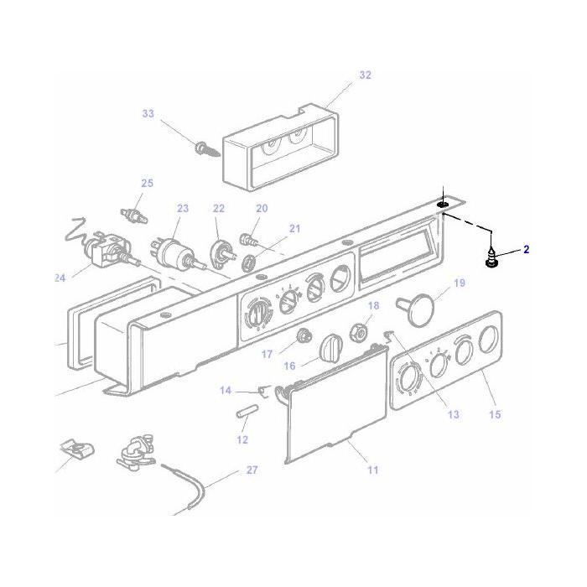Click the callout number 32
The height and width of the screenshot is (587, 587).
click(365, 75)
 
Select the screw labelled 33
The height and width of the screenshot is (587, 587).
click(205, 150)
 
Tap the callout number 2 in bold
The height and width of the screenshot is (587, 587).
click(527, 249)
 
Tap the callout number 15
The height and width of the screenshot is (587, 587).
click(495, 414)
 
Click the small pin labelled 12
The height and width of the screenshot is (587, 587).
click(245, 416)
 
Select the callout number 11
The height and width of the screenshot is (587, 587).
click(372, 470)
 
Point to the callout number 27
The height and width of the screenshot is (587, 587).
click(252, 470)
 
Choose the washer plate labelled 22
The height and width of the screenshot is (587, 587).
click(221, 250)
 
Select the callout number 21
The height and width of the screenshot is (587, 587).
click(293, 228)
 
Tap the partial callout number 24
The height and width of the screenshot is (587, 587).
click(60, 278)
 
